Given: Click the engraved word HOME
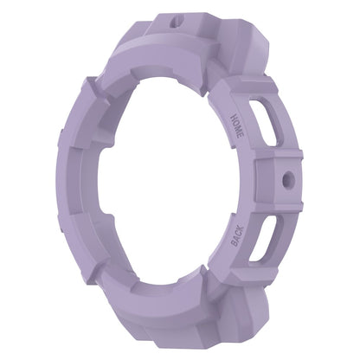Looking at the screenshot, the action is (237, 126).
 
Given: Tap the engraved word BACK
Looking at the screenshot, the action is (237, 236).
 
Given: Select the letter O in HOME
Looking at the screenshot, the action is (236, 123).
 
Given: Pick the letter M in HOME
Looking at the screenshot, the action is (239, 130).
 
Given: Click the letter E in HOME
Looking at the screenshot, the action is (241, 137).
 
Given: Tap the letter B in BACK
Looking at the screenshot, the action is (235, 244).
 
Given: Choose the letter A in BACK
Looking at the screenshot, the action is (237, 239).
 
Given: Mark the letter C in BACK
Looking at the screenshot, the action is (239, 234).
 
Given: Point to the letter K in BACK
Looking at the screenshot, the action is (241, 228).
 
